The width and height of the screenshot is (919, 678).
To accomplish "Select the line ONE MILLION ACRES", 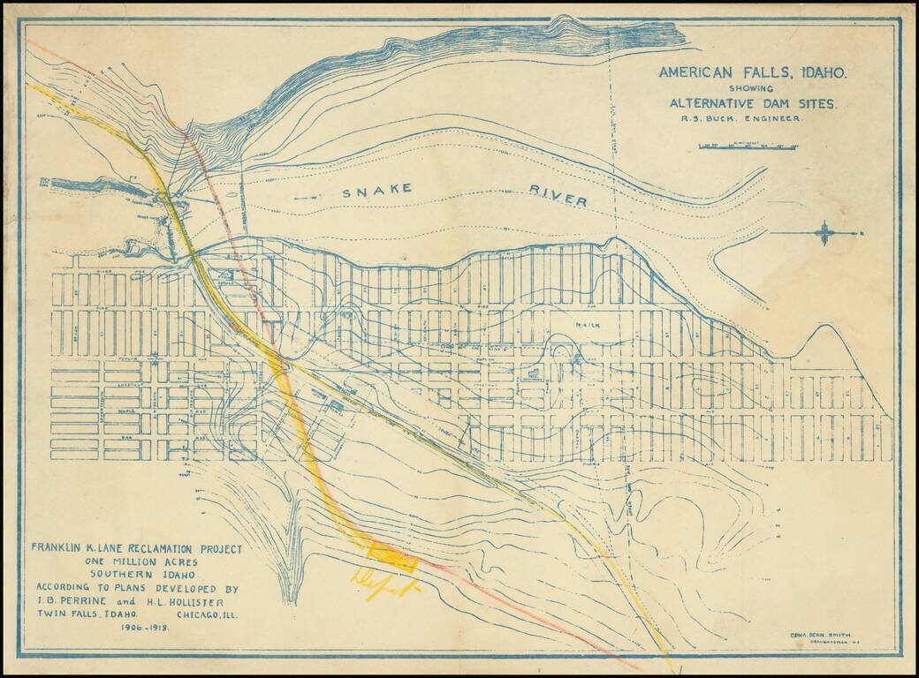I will tap(135, 561).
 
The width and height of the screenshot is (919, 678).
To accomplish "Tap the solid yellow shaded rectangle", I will tap(391, 556).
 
